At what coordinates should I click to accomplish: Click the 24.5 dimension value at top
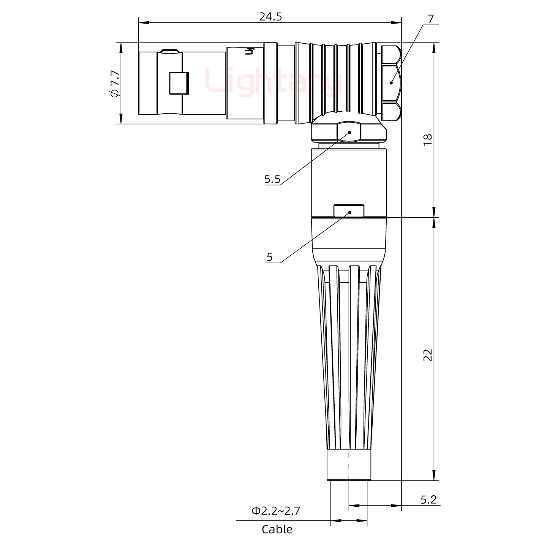pyautogui.click(x=270, y=17)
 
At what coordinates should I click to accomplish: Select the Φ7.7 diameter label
pyautogui.click(x=114, y=84)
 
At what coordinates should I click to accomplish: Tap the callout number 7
pyautogui.click(x=430, y=19)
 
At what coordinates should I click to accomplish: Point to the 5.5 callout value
pyautogui.click(x=272, y=179)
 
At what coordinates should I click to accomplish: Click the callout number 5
pyautogui.click(x=269, y=257)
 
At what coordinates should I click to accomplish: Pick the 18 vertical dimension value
pyautogui.click(x=428, y=139)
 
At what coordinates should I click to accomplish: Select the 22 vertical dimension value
pyautogui.click(x=428, y=355)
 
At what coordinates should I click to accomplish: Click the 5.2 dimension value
pyautogui.click(x=428, y=500)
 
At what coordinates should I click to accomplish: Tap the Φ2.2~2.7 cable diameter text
pyautogui.click(x=275, y=511)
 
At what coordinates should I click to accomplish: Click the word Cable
pyautogui.click(x=277, y=530)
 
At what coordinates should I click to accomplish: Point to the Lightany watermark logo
pyautogui.click(x=273, y=81)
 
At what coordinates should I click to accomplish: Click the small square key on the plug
pyautogui.click(x=179, y=83)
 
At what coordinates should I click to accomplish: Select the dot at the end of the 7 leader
pyautogui.click(x=391, y=83)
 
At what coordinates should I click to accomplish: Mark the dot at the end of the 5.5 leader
pyautogui.click(x=349, y=132)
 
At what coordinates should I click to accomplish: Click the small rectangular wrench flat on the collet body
pyautogui.click(x=349, y=211)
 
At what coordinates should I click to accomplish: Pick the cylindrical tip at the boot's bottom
pyautogui.click(x=348, y=465)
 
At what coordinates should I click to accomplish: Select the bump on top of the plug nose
pyautogui.click(x=170, y=51)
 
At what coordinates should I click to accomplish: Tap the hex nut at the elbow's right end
pyautogui.click(x=391, y=83)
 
